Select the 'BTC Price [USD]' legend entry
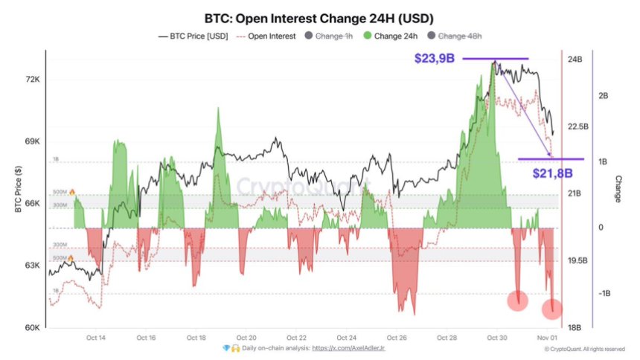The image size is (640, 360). (193, 36)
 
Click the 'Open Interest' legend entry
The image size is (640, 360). (266, 36)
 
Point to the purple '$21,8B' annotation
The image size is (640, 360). (552, 173)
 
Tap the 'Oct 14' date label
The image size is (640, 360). (96, 337)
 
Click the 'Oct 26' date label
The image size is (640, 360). (397, 337)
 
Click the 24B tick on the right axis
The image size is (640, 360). (575, 60)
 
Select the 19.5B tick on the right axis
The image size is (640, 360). (577, 261)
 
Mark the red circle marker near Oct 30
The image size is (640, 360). (518, 300)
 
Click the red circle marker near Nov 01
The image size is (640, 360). (552, 306)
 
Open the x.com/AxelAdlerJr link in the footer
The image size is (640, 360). (348, 347)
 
